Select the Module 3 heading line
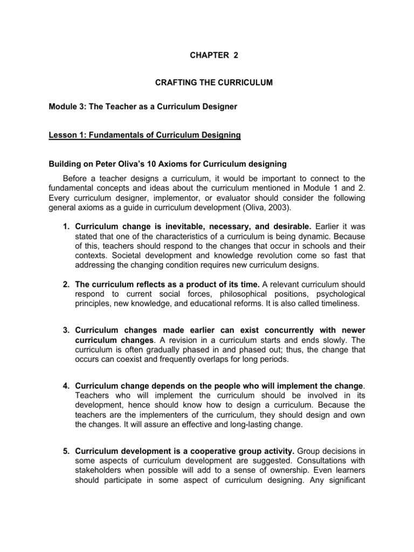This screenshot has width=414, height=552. pyautogui.click(x=143, y=107)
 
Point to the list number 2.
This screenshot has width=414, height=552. pyautogui.click(x=67, y=284)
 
